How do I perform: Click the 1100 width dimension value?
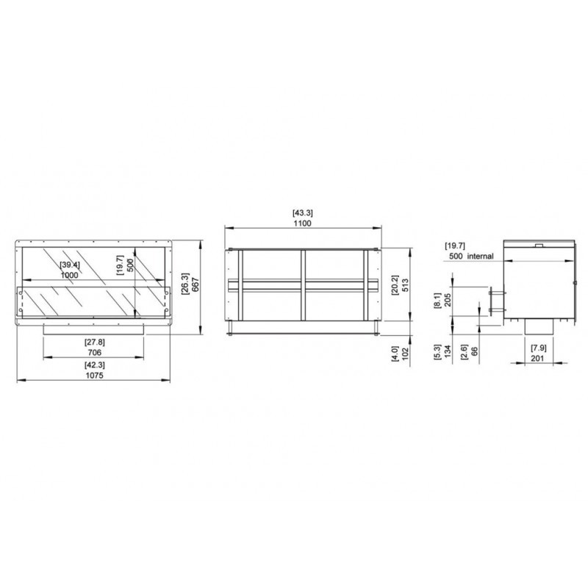click(x=302, y=223)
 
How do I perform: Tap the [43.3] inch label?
click(x=302, y=212)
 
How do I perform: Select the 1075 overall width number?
click(x=94, y=376)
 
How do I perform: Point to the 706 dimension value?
click(x=95, y=353)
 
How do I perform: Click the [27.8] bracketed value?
click(x=95, y=342)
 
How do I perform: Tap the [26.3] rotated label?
click(x=185, y=284)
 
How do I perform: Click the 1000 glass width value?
click(x=69, y=275)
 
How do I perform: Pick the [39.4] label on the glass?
click(x=70, y=265)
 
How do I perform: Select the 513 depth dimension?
click(x=406, y=285)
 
